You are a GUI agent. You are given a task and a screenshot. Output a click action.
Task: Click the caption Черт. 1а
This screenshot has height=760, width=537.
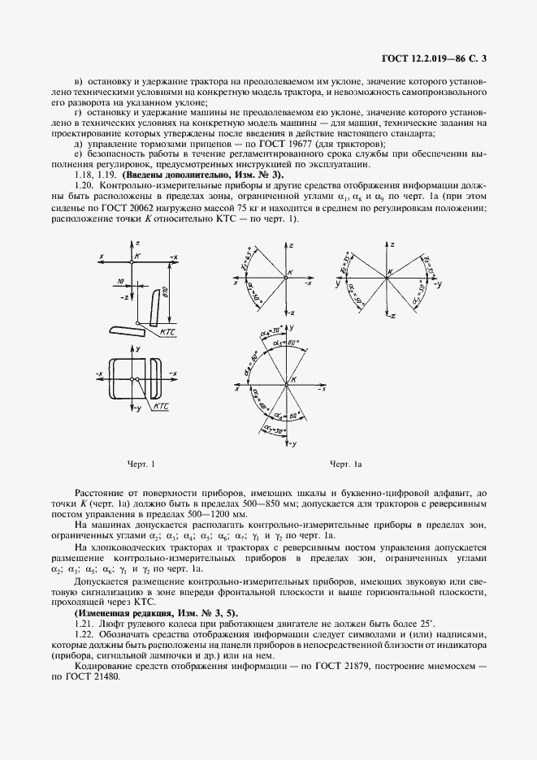344,464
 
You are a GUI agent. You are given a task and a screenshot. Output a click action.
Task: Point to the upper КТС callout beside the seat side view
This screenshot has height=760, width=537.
170,333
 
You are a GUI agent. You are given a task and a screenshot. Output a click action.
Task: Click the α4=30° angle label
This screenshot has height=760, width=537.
268,333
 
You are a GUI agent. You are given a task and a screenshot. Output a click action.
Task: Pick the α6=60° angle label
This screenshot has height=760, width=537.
299,414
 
